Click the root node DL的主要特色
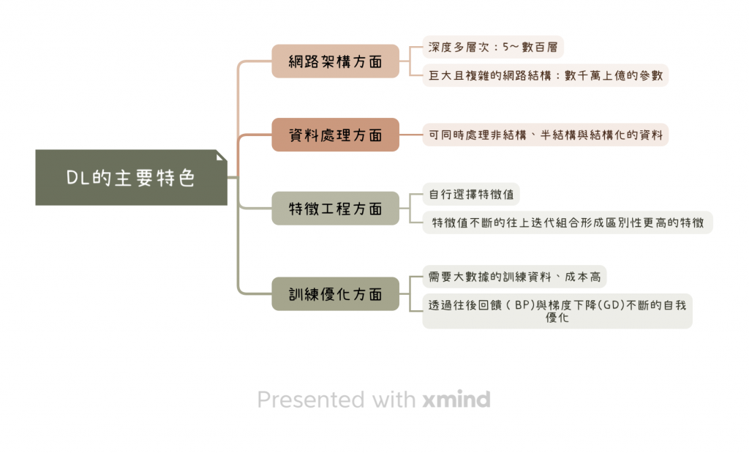tap(131, 178)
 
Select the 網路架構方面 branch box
tap(335, 61)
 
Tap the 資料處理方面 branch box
tap(335, 135)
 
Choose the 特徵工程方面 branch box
tap(335, 209)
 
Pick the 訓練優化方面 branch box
tap(335, 294)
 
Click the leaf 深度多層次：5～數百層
tap(493, 48)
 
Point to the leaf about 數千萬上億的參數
tap(545, 75)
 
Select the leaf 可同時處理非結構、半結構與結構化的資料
tap(545, 135)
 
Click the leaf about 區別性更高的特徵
tap(568, 222)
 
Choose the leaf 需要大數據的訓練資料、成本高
tap(515, 277)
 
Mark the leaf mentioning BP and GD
tap(557, 310)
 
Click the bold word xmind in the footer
tap(456, 400)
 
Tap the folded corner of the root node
tap(222, 156)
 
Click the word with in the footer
tap(394, 400)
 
